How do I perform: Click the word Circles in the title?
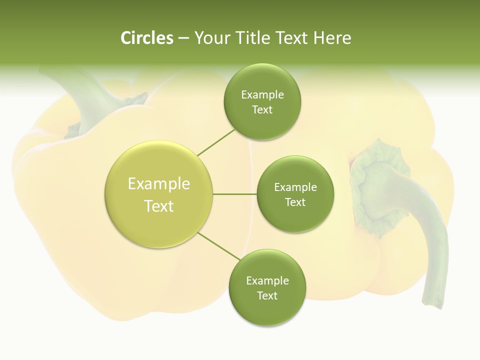coord(147,38)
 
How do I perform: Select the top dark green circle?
coord(262,120)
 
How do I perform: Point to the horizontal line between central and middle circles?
coord(234,194)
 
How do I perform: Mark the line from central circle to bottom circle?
coord(218,246)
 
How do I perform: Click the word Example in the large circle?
coord(159,184)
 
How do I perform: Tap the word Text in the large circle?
coord(159,206)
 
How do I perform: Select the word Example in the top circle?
coord(262,95)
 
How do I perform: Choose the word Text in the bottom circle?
coord(267,295)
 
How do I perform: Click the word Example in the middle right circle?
coord(295,187)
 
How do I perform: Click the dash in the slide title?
coord(183,38)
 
